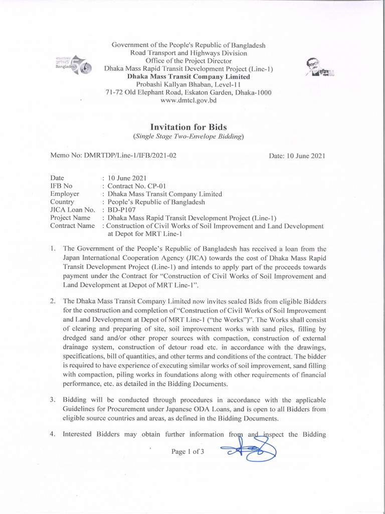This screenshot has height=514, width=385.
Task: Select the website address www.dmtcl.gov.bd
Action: click(188, 100)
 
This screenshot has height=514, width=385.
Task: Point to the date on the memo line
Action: click(297, 156)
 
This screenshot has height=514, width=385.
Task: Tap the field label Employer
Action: click(65, 194)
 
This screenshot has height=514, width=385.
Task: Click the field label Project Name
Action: click(70, 218)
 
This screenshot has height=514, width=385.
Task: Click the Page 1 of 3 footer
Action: click(187, 452)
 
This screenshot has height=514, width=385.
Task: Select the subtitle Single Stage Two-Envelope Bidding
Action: click(188, 137)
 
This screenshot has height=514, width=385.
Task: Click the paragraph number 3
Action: click(52, 400)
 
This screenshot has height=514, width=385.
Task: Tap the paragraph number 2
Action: click(52, 301)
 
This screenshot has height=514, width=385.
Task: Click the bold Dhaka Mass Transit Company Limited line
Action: click(188, 77)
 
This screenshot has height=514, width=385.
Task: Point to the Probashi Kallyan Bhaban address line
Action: click(188, 85)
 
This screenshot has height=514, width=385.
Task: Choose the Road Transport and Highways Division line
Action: click(188, 53)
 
